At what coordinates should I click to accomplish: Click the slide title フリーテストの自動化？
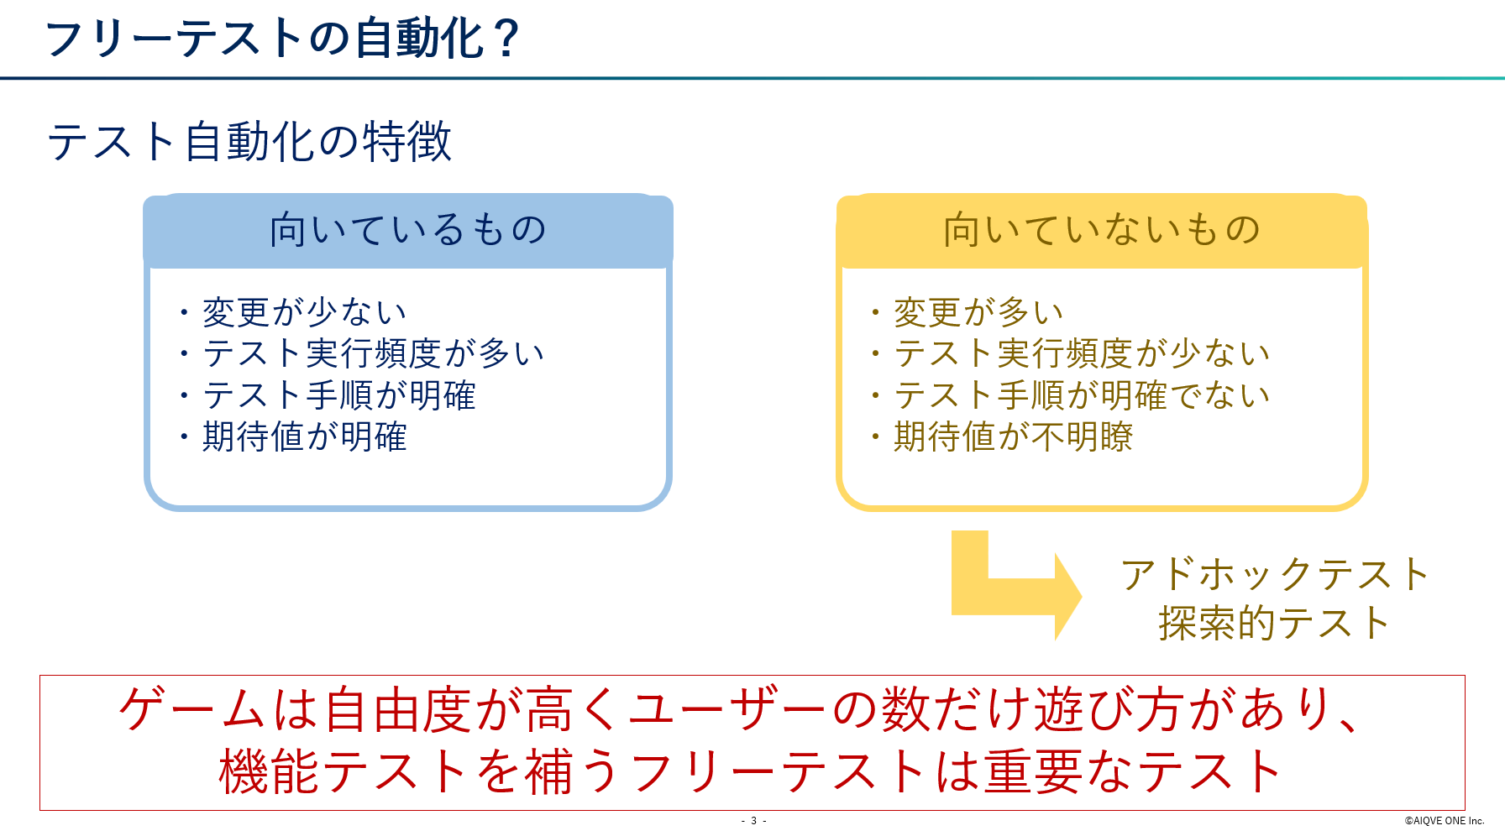(x=283, y=39)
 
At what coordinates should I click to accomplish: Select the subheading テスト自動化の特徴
(x=249, y=141)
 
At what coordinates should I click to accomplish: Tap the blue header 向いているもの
(x=408, y=230)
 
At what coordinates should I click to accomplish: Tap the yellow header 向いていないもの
(x=1102, y=230)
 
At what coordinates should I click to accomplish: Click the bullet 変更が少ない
(x=304, y=312)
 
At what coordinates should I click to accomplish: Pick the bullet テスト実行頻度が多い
(x=374, y=353)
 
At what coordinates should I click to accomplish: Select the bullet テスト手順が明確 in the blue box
(x=339, y=394)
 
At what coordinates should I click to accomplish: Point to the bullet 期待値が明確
(x=304, y=436)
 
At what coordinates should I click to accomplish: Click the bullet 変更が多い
(x=978, y=312)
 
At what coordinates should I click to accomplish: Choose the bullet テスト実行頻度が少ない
(x=1082, y=353)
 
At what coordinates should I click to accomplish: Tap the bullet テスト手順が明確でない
(x=1082, y=394)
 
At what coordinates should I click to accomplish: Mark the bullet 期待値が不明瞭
(x=1013, y=436)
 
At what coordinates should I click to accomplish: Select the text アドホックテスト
(x=1275, y=575)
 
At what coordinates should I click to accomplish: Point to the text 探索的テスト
(x=1275, y=624)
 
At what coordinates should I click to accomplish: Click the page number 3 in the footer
(x=753, y=821)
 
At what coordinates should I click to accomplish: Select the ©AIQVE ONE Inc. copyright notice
(x=1445, y=821)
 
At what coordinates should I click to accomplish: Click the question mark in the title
(x=506, y=39)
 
